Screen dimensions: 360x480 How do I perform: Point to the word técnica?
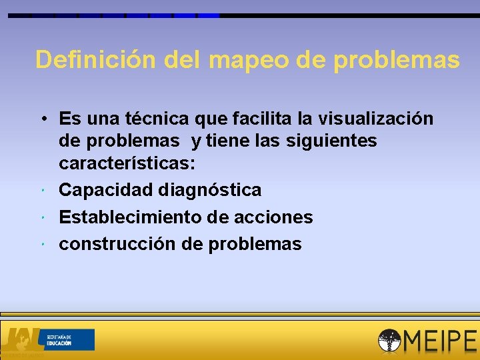(161, 119)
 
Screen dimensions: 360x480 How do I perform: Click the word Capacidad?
(106, 190)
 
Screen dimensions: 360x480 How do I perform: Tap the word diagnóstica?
(210, 190)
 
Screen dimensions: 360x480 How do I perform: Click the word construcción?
(117, 244)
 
